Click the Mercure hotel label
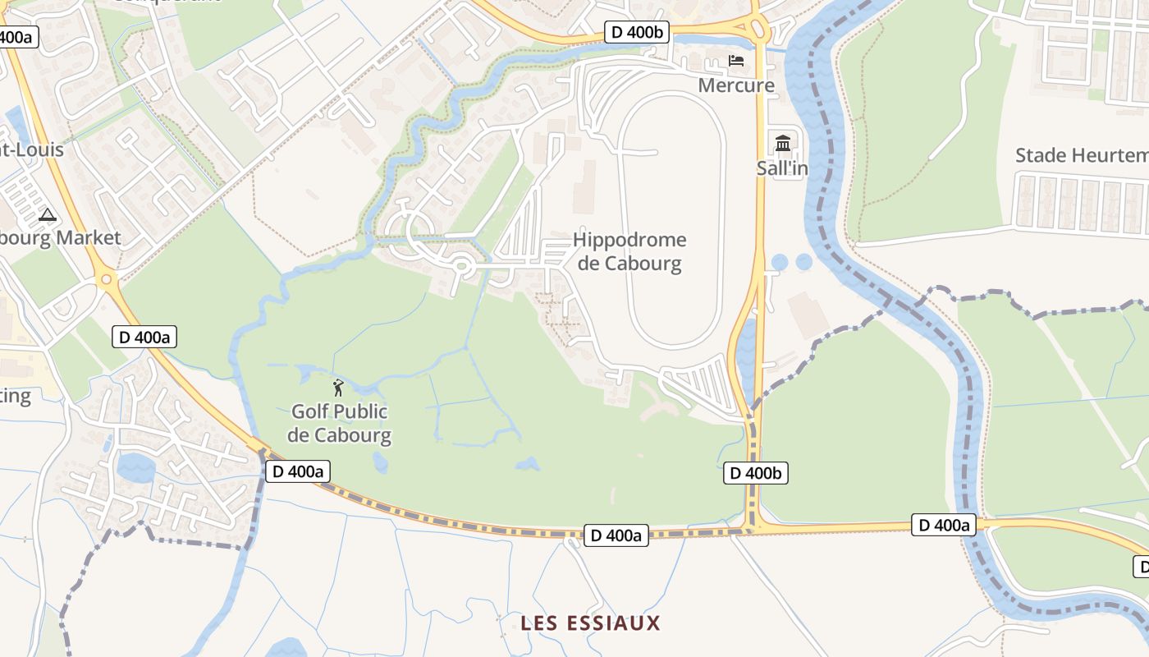[x=736, y=85]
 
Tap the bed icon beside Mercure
[x=736, y=61]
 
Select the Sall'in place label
[x=782, y=168]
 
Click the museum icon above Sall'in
[x=782, y=144]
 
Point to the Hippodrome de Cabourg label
[x=629, y=251]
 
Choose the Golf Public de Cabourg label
[x=339, y=423]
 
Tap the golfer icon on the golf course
[x=338, y=388]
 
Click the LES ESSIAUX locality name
[x=590, y=623]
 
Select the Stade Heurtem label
[x=1081, y=155]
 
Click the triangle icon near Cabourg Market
[x=48, y=216]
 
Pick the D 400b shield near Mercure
[x=637, y=32]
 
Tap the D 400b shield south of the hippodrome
[x=755, y=473]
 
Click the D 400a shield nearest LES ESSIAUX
[x=616, y=535]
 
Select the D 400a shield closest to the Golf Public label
[x=297, y=471]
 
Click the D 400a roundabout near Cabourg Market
[x=105, y=280]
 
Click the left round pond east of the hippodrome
[x=780, y=262]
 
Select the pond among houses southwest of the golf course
[x=135, y=468]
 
